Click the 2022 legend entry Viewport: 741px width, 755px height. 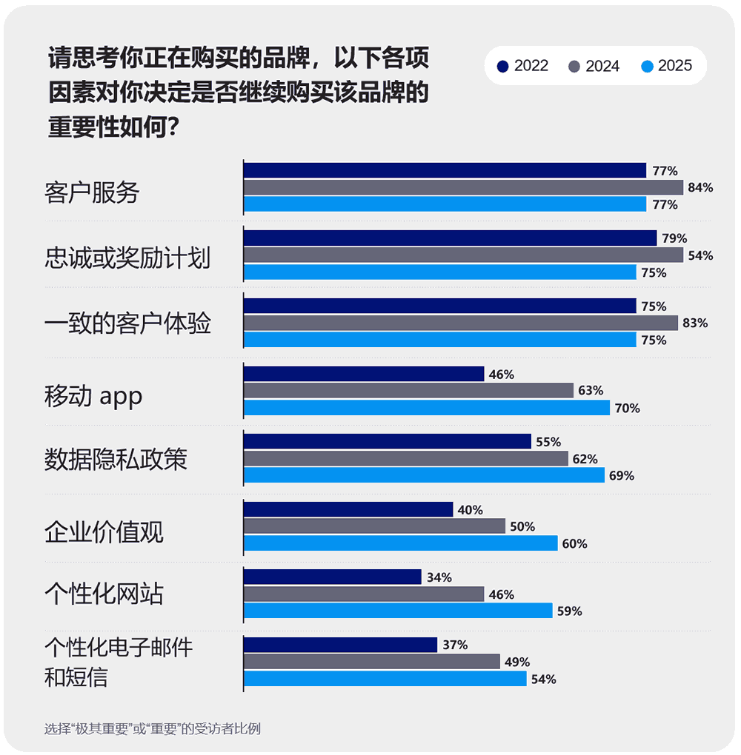coord(523,66)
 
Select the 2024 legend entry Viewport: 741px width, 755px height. coord(594,66)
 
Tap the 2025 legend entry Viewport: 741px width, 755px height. coord(665,66)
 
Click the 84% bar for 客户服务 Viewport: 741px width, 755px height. coord(463,187)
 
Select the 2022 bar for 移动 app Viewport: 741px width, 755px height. coord(364,374)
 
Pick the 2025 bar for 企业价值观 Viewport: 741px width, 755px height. coord(400,543)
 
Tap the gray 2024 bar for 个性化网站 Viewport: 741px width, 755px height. coord(364,594)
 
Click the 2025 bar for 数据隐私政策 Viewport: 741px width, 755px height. coord(424,475)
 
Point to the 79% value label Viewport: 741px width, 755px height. coord(674,238)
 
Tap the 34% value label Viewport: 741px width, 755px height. coord(439,577)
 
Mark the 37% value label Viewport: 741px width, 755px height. coord(455,645)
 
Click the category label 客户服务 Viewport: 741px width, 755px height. coord(92,193)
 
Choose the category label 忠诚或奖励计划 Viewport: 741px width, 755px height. coord(127,258)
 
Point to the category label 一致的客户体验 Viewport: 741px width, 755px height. coord(127,323)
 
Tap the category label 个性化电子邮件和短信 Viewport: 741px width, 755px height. coord(119,662)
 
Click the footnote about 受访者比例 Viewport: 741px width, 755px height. coord(152,728)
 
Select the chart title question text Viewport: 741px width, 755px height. coord(238,93)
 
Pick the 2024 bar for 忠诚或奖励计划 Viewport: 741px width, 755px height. coord(463,255)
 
